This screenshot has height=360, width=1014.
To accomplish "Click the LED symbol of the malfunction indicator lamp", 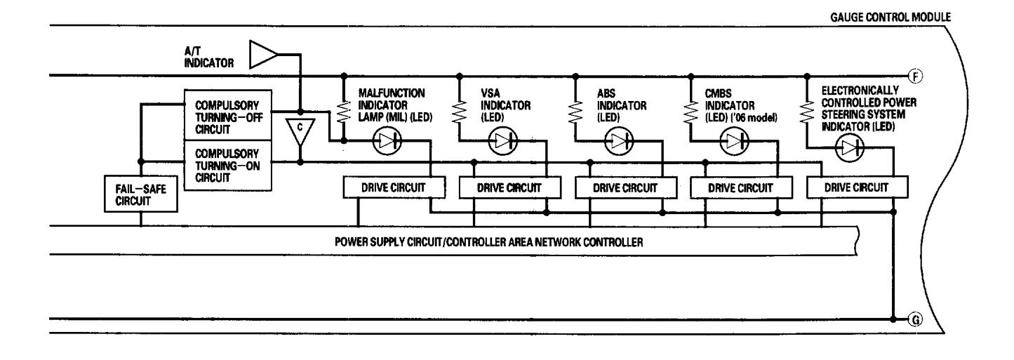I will pos(386,140).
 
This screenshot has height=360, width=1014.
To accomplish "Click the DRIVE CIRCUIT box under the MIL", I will pos(394,187).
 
